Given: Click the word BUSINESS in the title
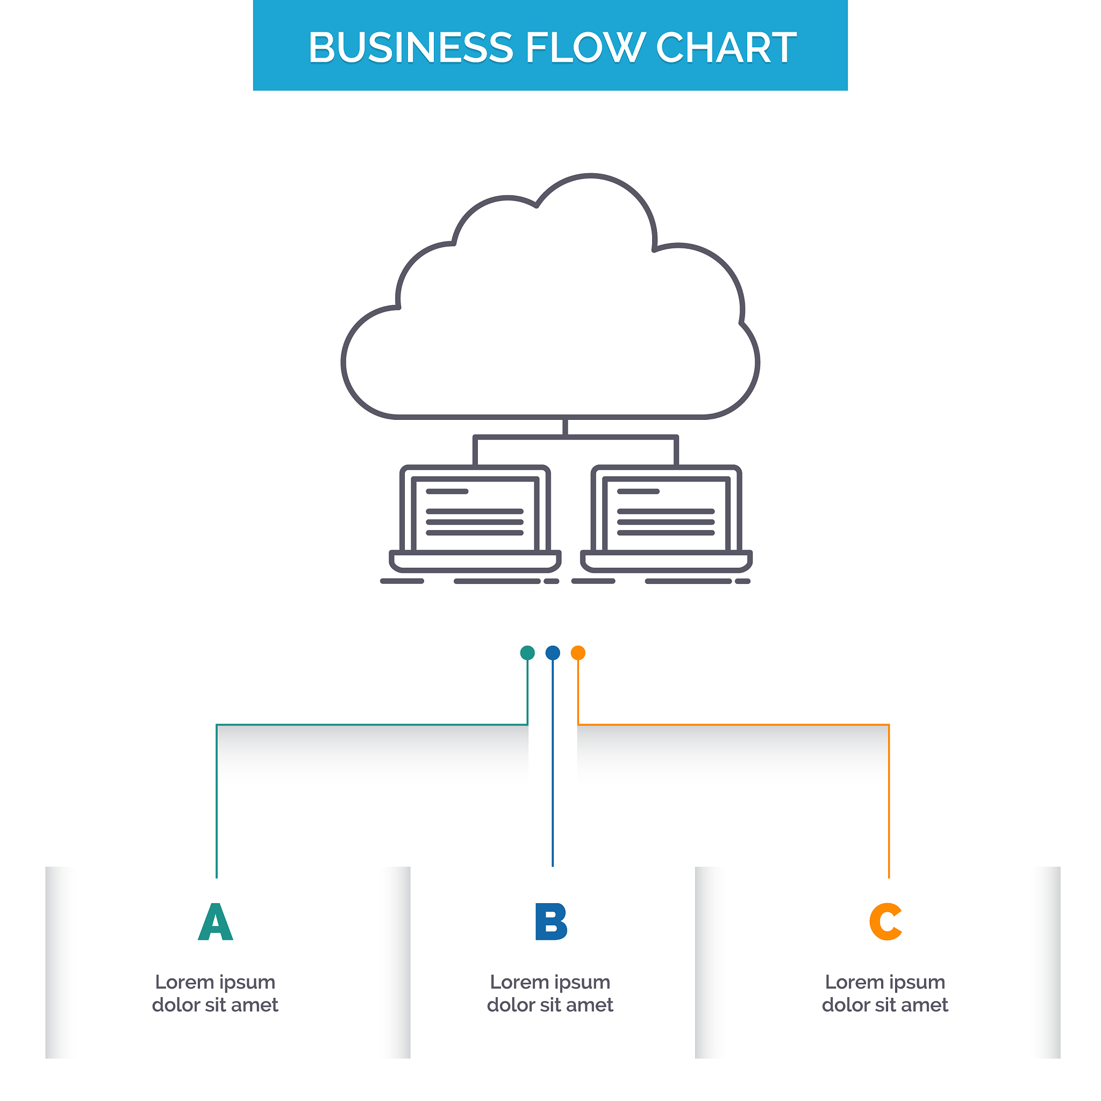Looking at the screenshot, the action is [410, 47].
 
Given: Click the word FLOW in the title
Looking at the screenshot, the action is [585, 47].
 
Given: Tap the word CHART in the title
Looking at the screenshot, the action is [726, 47].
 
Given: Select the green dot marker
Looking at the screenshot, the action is [528, 653].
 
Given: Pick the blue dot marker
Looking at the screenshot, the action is [553, 653].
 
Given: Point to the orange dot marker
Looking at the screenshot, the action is [578, 653].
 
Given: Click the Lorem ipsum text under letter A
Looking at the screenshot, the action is [216, 993].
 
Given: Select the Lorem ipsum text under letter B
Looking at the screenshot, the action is [550, 993].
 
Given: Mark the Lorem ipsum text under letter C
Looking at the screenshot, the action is [885, 993].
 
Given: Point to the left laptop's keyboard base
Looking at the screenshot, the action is [475, 561].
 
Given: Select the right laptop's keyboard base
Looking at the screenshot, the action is [666, 561].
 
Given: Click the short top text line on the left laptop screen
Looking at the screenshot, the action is [447, 491].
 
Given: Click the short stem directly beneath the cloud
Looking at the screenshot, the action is [566, 428].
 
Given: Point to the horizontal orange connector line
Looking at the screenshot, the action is [733, 725].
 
